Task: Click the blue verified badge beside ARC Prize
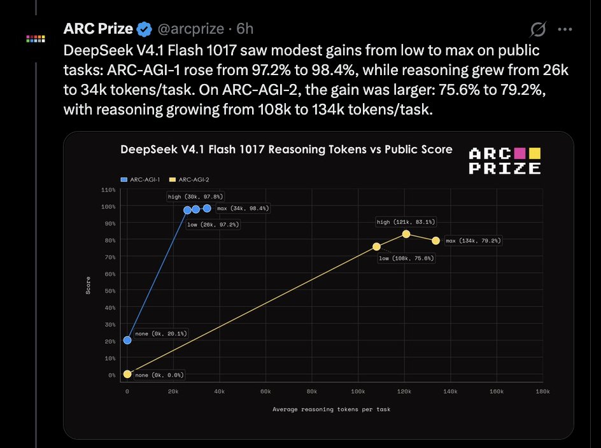(x=144, y=29)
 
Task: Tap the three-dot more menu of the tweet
(x=565, y=29)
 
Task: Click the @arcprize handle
(x=190, y=29)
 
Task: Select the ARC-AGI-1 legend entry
(x=140, y=179)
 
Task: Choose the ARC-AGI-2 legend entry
(x=189, y=179)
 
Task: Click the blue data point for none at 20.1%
(x=127, y=340)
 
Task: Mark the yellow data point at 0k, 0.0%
(x=127, y=374)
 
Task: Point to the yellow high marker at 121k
(x=406, y=234)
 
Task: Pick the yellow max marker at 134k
(x=436, y=241)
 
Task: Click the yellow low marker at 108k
(x=376, y=246)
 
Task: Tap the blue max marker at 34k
(x=207, y=208)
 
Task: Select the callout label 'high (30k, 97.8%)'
(x=195, y=197)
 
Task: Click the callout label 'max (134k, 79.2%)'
(x=473, y=241)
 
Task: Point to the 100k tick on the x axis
(x=358, y=391)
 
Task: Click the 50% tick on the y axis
(x=110, y=291)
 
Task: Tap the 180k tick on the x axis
(x=542, y=391)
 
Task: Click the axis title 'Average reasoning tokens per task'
(x=332, y=409)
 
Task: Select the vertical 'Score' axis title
(x=88, y=286)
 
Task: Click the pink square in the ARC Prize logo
(x=520, y=153)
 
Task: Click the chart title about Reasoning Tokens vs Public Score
(x=286, y=149)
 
